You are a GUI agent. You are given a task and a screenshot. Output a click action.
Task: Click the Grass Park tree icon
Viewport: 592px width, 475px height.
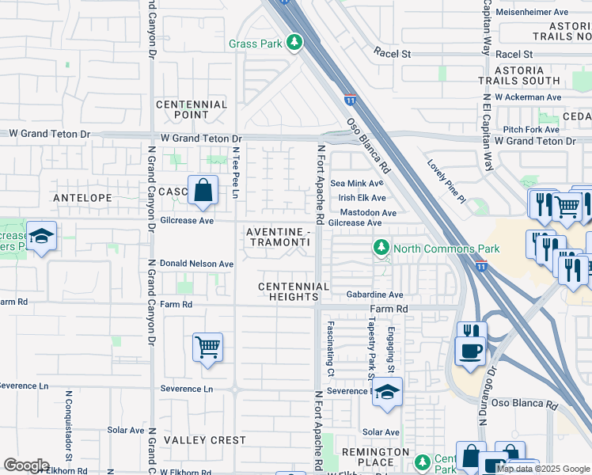pyautogui.click(x=295, y=42)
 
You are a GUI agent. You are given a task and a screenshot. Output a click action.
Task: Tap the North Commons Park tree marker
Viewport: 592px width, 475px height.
pyautogui.click(x=381, y=248)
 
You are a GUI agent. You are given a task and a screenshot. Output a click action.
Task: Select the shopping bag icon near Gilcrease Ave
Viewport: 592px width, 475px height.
pyautogui.click(x=203, y=191)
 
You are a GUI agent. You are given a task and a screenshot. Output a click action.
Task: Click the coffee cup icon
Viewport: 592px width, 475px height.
pyautogui.click(x=470, y=351)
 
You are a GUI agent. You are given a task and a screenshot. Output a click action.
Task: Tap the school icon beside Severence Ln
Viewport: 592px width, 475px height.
pyautogui.click(x=387, y=392)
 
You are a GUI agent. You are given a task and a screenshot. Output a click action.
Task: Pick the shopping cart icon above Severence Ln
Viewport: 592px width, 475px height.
pyautogui.click(x=207, y=347)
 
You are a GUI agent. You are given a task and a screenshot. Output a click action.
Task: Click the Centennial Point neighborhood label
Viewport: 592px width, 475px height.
pyautogui.click(x=192, y=109)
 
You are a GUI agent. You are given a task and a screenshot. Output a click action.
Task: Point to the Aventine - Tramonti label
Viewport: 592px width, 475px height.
pyautogui.click(x=276, y=236)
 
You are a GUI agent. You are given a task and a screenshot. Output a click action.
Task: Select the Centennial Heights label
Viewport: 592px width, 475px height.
pyautogui.click(x=293, y=291)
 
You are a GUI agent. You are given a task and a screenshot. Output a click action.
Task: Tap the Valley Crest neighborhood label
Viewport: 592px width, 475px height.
pyautogui.click(x=194, y=440)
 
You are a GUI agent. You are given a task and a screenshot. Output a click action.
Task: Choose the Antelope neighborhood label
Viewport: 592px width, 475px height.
pyautogui.click(x=81, y=197)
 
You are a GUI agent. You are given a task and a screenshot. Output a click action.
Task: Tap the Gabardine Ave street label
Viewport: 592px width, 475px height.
pyautogui.click(x=374, y=294)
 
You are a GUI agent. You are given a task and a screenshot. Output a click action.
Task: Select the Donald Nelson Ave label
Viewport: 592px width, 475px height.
pyautogui.click(x=196, y=264)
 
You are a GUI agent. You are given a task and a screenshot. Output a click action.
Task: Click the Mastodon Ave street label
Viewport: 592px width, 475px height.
pyautogui.click(x=367, y=213)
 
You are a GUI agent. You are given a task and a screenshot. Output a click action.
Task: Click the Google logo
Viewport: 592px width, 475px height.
pyautogui.click(x=26, y=465)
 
